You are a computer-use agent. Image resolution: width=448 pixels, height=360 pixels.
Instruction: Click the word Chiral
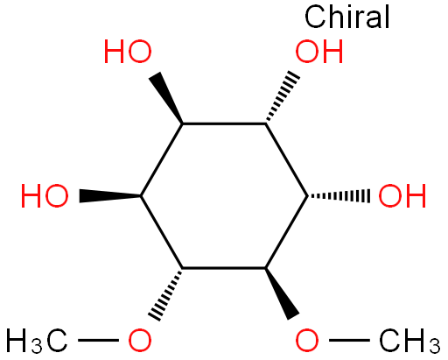[347, 17]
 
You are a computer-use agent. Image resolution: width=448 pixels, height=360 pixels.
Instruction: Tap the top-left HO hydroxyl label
[128, 52]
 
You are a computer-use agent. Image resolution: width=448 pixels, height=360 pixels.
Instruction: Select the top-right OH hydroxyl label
[319, 52]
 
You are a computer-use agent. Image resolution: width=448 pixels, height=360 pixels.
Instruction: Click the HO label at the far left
[45, 196]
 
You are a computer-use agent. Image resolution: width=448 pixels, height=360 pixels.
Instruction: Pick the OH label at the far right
[402, 196]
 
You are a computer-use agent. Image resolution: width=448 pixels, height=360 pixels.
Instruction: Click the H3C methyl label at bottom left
[37, 341]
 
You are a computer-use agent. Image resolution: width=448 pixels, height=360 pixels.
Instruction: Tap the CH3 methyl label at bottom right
[409, 341]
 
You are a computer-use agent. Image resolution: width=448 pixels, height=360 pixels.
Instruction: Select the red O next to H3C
[140, 340]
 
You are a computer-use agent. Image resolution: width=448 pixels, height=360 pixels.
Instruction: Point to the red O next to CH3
[307, 340]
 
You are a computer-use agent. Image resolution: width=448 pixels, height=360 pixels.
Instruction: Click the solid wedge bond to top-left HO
[167, 98]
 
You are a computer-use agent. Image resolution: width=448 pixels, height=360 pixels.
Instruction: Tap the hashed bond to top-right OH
[282, 96]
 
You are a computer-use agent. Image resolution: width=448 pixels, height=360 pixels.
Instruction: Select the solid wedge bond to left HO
[110, 196]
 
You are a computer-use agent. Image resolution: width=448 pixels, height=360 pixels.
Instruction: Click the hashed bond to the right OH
[339, 196]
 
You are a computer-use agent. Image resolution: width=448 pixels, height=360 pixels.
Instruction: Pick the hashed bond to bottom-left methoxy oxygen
[166, 294]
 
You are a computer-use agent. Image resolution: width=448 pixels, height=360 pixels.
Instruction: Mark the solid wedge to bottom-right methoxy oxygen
[282, 293]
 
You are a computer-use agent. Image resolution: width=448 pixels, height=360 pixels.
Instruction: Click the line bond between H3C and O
[98, 340]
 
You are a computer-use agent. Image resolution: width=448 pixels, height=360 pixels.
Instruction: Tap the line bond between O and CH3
[349, 340]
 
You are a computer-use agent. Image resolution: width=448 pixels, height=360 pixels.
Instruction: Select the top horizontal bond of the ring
[224, 124]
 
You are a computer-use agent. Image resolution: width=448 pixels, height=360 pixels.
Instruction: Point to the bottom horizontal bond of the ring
[224, 268]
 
